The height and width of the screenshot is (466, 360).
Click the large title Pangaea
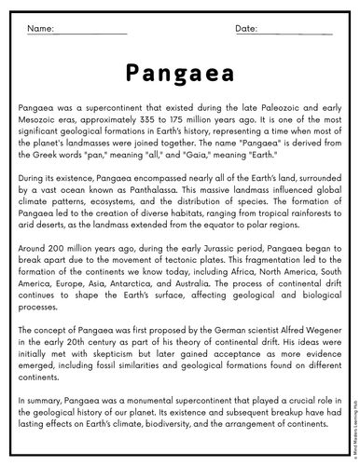coord(179,74)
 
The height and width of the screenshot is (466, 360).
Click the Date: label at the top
coord(245,29)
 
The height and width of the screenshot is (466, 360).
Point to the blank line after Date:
coord(296,34)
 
